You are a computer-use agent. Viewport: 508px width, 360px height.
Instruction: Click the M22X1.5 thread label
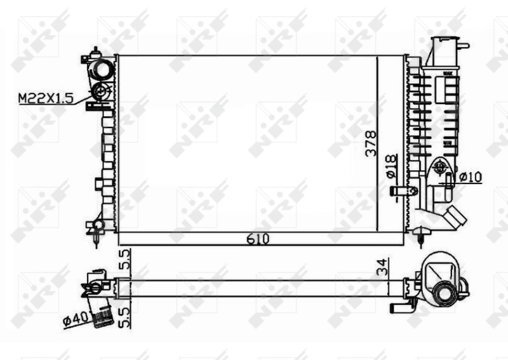[46, 98]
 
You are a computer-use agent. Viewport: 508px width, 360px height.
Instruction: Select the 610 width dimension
[258, 239]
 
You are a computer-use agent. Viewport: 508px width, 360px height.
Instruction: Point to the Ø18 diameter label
[391, 167]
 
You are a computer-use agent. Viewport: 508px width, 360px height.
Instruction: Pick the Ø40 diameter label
[75, 319]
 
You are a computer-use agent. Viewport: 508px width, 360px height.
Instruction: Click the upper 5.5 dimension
[124, 260]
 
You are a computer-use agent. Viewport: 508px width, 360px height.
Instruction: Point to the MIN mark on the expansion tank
[448, 143]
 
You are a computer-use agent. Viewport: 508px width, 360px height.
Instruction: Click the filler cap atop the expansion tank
[444, 48]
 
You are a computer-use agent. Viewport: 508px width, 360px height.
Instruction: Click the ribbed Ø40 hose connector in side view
[100, 313]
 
